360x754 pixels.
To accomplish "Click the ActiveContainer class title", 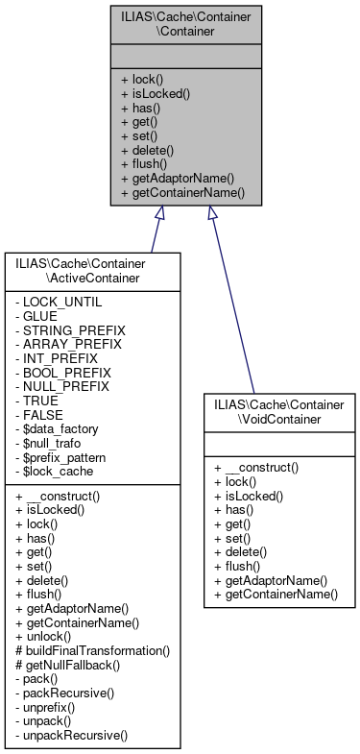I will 92,270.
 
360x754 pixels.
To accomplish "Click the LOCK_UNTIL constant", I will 59,302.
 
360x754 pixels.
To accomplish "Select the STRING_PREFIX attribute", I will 70,329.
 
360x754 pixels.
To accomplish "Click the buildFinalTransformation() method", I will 92,650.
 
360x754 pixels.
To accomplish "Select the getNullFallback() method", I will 68,664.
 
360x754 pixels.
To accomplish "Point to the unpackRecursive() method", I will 72,733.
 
